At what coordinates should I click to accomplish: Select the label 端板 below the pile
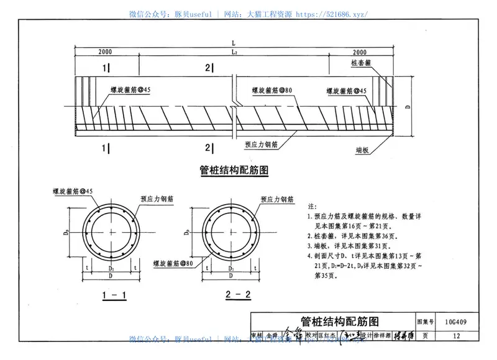[x=363, y=150]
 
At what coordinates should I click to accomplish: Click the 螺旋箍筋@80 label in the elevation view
[x=272, y=91]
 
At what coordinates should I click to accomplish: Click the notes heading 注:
[x=312, y=205]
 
